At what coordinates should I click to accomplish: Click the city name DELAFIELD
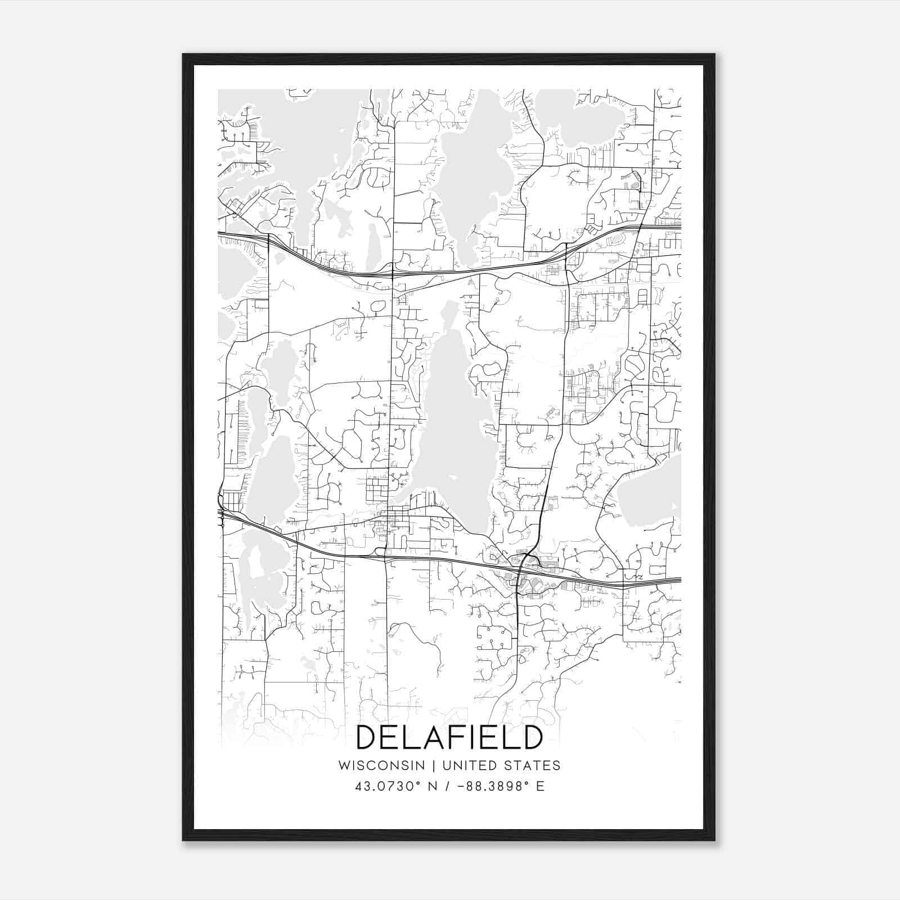[x=449, y=737]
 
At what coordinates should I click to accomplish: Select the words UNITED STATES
[x=501, y=766]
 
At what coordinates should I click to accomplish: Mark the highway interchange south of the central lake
[x=523, y=562]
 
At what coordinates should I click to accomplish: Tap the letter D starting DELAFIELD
[x=368, y=737]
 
